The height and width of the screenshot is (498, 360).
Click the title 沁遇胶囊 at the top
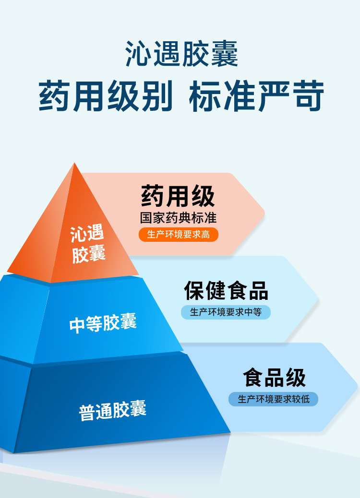coord(181,54)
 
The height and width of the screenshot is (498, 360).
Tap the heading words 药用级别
coord(106,96)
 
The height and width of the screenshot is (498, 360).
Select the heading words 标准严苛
coord(257,96)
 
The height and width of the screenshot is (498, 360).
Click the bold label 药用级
coord(178,196)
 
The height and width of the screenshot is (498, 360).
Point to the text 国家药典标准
coord(178,218)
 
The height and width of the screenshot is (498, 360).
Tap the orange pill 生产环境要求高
coord(178,235)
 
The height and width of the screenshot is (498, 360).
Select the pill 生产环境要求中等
coord(226,312)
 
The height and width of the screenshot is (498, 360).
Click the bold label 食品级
coord(274,378)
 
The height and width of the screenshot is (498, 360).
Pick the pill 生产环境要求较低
coord(274,399)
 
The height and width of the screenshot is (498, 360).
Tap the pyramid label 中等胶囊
coord(103,324)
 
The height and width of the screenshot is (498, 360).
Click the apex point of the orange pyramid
coord(74,164)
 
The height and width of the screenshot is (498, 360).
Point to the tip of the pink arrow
coord(264,212)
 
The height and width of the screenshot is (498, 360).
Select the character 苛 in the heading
coord(307,96)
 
